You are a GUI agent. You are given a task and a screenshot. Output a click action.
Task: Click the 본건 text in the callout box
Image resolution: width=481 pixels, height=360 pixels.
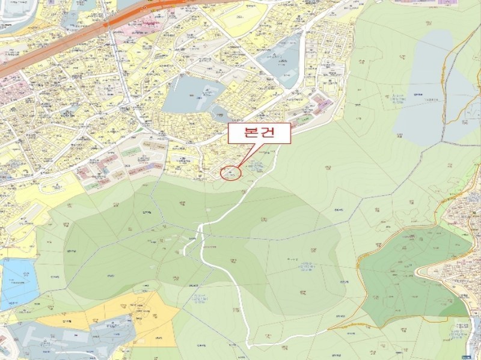[260, 134]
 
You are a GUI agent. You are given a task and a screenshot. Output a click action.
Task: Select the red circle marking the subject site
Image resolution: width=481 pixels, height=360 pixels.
[231, 173]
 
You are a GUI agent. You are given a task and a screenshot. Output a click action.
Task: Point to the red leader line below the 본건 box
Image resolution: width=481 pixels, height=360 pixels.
[245, 156]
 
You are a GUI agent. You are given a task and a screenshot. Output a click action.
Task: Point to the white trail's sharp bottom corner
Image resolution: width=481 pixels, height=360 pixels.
[248, 346]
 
